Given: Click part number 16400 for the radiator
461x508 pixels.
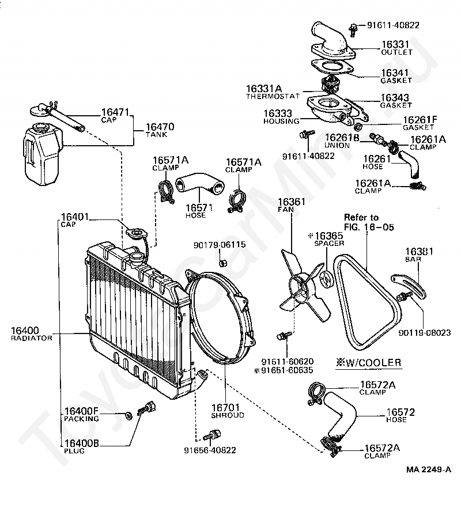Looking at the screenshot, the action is [x=25, y=331].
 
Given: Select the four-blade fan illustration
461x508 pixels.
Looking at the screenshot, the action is [x=303, y=285].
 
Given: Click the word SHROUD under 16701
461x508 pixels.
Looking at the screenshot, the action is [x=228, y=415].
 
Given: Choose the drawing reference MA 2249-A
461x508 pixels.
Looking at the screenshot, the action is [x=429, y=469].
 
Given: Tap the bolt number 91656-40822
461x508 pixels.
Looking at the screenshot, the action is [x=210, y=450].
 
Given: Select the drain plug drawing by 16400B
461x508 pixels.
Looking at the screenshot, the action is [x=146, y=408].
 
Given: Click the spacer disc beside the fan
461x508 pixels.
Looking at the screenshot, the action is [x=325, y=280].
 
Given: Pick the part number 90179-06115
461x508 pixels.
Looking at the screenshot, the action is [x=220, y=245].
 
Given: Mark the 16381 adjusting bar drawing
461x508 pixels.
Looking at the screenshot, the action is [x=409, y=287].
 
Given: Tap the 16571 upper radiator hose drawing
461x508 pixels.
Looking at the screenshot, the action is [x=199, y=184].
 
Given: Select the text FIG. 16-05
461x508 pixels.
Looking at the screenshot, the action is [x=369, y=227].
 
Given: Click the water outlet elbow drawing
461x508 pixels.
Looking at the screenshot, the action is [x=332, y=42].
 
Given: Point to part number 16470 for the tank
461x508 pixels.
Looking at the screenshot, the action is [x=160, y=127].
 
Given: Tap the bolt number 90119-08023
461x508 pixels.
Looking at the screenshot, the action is [x=425, y=333].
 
